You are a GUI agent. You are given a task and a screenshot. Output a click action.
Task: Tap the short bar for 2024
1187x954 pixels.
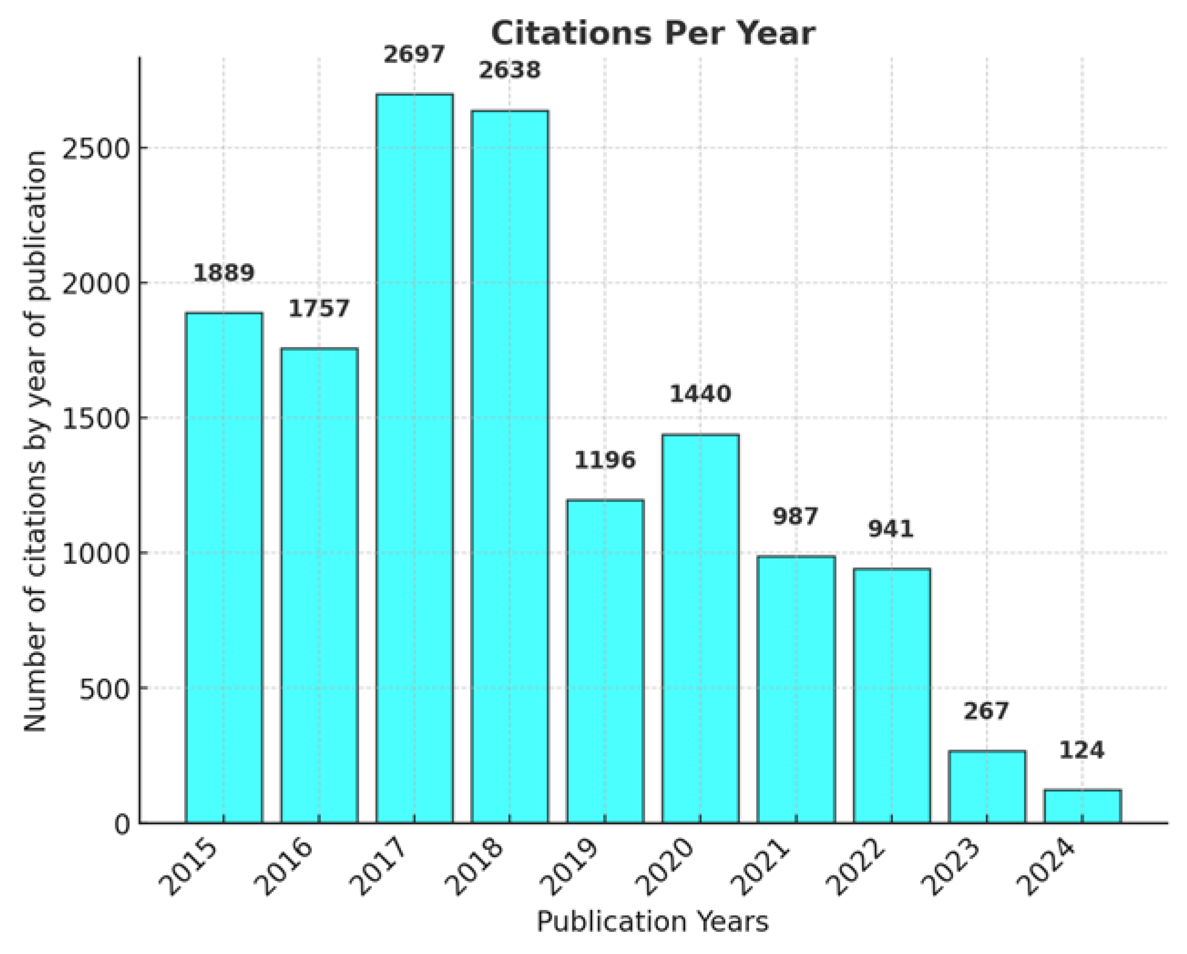[x=1082, y=807]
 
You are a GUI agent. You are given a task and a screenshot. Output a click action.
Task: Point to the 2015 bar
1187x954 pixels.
[x=224, y=568]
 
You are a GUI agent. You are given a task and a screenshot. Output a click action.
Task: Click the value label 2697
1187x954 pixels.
[x=414, y=55]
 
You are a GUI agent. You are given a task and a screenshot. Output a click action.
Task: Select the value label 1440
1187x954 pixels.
[x=700, y=394]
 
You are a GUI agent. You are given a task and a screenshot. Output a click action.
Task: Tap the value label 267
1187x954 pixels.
[x=986, y=710]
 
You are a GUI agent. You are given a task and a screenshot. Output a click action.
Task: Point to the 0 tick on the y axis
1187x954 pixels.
[x=122, y=824]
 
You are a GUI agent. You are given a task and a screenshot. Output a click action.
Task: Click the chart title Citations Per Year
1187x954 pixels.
[x=653, y=33]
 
